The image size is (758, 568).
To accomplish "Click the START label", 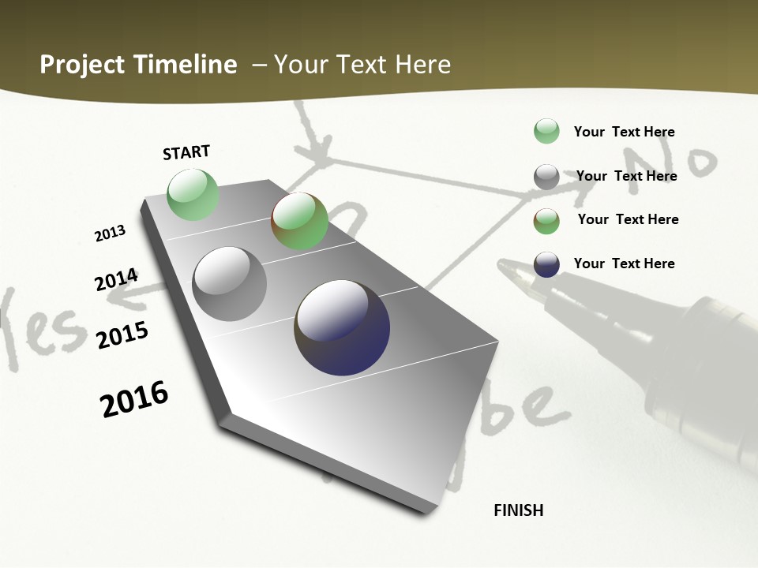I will click(186, 152).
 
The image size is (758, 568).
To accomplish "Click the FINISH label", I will click(519, 510).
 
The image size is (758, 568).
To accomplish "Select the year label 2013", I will click(110, 234).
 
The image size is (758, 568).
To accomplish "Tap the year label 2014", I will click(116, 280).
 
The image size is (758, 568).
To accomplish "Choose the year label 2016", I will click(134, 399).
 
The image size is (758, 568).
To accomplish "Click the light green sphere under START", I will click(193, 194).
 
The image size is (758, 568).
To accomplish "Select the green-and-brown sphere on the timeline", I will click(299, 221).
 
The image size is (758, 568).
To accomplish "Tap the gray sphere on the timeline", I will click(229, 284).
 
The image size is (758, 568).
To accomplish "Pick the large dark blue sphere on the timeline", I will click(342, 327).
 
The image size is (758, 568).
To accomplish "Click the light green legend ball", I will click(546, 131).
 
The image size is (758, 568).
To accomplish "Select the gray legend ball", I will click(546, 177).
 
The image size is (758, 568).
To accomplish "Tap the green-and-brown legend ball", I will click(546, 221).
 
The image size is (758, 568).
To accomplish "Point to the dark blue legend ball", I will click(546, 264).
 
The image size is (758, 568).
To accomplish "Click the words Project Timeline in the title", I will click(138, 65).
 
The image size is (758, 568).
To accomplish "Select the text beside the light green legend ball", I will click(624, 132).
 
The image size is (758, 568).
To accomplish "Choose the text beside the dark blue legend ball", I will click(624, 263).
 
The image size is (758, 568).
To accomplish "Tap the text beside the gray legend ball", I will click(626, 176).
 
